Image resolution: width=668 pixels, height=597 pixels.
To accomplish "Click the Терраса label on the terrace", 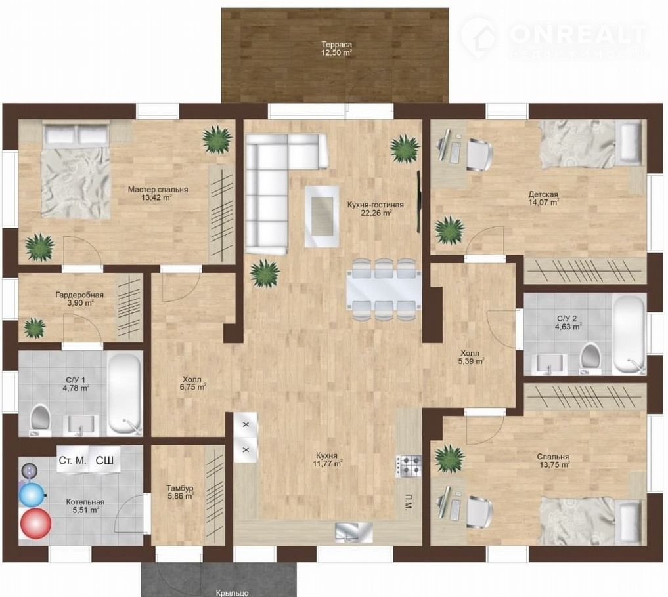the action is (336, 44).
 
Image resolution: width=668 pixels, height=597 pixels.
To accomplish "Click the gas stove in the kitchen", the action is (409, 466).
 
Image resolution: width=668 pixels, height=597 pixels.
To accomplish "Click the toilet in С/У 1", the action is (40, 419).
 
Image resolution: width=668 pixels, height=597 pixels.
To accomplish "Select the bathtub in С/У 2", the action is (629, 335).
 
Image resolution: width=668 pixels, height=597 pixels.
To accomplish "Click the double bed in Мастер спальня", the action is (76, 170).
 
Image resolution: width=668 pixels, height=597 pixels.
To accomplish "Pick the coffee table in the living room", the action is (322, 216).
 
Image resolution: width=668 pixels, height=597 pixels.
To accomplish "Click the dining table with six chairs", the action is (384, 289).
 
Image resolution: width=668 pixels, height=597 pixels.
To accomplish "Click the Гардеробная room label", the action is (79, 295).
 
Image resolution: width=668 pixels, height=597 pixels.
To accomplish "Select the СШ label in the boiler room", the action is (104, 460).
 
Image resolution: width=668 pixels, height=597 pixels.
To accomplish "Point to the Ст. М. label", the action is (72, 461).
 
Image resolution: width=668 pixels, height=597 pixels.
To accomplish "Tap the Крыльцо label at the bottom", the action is (232, 592).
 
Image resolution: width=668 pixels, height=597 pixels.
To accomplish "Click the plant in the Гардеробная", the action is (34, 327).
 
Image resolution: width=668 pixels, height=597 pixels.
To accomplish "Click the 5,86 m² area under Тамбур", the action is (181, 496).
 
